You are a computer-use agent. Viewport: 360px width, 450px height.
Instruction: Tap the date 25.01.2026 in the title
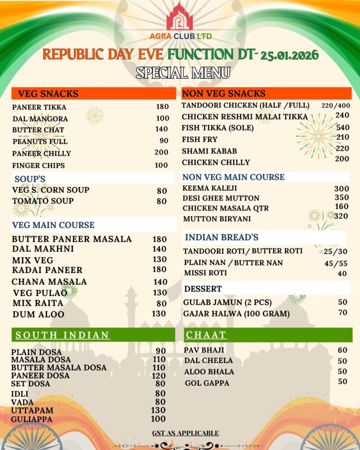[x=289, y=55]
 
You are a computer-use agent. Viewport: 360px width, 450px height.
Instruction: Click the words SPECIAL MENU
[x=182, y=73]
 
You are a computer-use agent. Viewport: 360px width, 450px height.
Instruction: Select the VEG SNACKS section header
[x=48, y=94]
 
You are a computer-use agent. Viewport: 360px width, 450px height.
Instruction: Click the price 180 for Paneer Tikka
[x=162, y=107]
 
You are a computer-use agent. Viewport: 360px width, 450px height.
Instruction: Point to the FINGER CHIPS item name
[x=38, y=166]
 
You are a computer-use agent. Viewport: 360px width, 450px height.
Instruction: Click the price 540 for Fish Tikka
[x=342, y=127]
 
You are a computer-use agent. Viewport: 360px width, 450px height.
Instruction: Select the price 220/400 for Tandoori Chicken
[x=335, y=105]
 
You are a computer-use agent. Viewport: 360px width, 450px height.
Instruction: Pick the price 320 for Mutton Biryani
[x=341, y=216]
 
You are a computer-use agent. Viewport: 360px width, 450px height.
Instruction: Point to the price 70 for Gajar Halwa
[x=343, y=313]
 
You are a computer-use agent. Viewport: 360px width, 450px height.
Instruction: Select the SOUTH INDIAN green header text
[x=62, y=335]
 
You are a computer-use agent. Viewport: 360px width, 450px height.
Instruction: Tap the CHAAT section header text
[x=206, y=335]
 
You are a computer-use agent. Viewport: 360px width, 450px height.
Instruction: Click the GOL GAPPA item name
[x=207, y=383]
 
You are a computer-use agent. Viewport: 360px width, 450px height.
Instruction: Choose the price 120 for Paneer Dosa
[x=158, y=376]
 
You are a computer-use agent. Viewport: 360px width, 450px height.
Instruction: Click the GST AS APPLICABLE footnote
[x=185, y=433]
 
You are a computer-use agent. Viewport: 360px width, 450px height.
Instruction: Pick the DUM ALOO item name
[x=38, y=314]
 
